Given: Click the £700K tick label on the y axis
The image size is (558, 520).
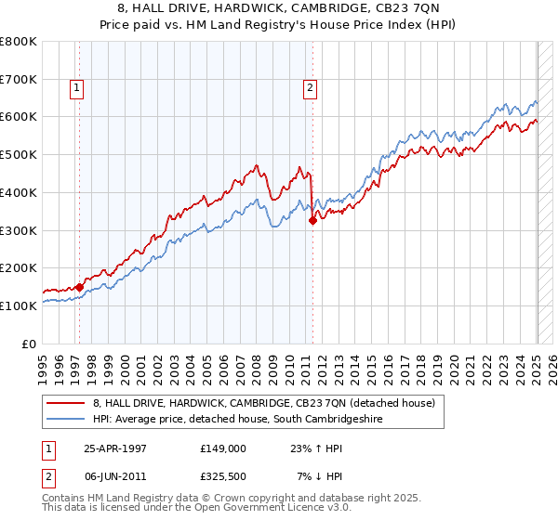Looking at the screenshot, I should [19, 80].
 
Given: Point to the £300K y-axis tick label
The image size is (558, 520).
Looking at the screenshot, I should [19, 230].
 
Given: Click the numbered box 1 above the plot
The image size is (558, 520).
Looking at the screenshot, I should [76, 89].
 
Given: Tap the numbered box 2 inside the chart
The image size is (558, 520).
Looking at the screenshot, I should [309, 89].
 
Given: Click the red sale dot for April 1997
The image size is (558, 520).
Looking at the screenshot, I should [79, 287].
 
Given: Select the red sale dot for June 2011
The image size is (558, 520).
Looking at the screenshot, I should [313, 220].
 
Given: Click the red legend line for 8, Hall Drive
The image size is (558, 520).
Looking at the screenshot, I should [66, 403].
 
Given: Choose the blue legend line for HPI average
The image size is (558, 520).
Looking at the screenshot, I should [66, 420].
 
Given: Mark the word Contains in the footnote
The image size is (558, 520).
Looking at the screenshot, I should [64, 500].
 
